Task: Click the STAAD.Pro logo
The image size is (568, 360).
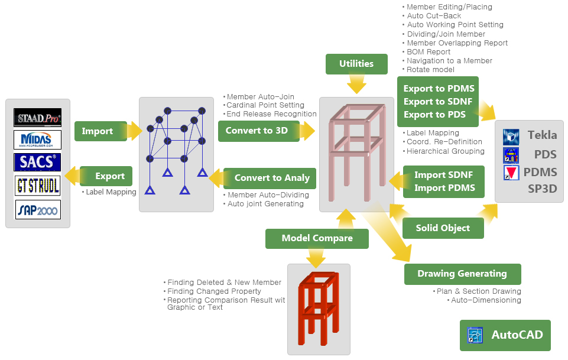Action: (38, 118)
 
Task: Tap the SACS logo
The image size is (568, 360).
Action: (38, 162)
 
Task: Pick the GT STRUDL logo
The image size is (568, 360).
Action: (38, 186)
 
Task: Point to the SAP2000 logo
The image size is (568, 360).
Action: (38, 209)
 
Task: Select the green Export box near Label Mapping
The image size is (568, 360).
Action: (106, 176)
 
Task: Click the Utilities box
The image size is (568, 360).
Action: (356, 64)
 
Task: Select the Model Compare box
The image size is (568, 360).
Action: (317, 238)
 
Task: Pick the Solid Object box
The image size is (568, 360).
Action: (443, 228)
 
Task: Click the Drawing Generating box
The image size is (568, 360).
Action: (462, 274)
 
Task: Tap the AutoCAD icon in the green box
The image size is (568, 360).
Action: (475, 335)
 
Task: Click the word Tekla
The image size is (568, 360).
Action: (542, 135)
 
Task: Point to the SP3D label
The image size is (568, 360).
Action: (542, 189)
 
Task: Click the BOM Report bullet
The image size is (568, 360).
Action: (429, 52)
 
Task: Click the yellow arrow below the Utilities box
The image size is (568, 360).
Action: (356, 84)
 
